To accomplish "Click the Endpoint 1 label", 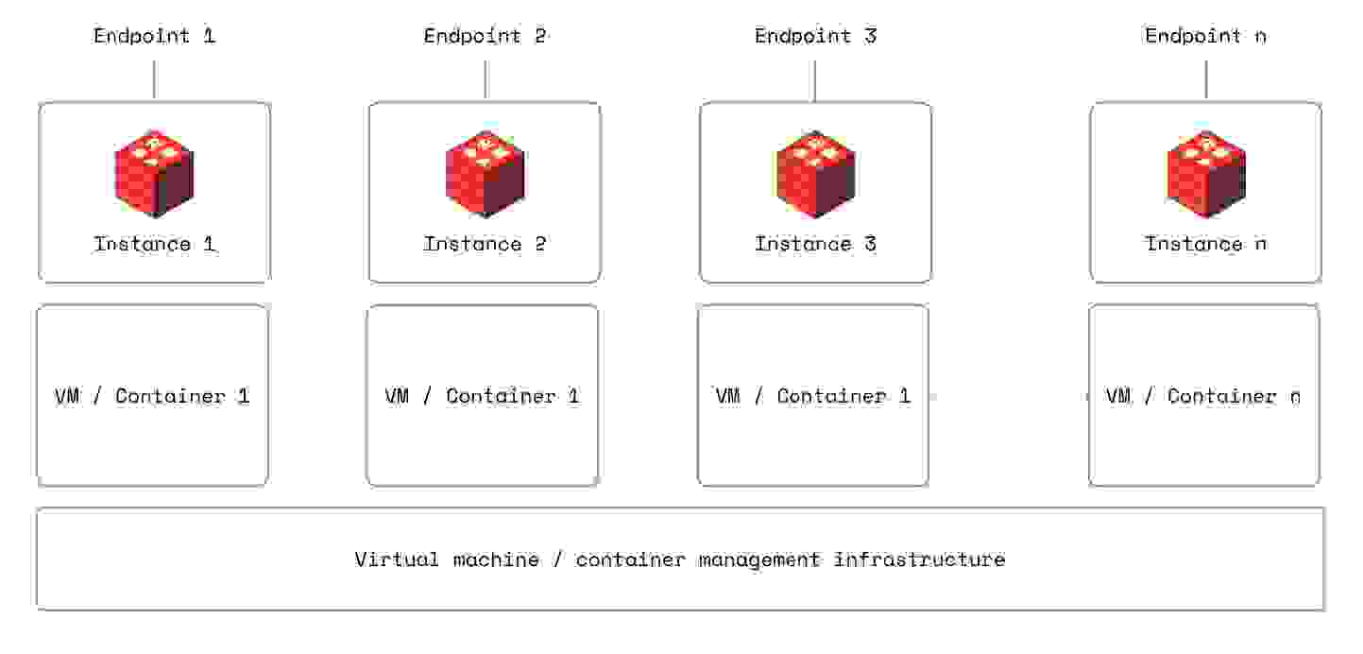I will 154,37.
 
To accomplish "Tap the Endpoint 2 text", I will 485,37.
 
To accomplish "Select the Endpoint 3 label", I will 815,37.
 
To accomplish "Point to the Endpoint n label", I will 1205,37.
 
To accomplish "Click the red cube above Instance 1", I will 154,172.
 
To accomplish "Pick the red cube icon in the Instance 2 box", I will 485,172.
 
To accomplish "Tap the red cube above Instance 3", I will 815,172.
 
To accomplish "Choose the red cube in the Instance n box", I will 1205,172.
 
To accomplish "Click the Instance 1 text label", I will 154,244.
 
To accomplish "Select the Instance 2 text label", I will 485,244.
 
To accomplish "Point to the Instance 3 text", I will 815,244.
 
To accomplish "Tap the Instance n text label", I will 1205,244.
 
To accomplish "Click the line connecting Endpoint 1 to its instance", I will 154,79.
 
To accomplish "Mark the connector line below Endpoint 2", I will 485,79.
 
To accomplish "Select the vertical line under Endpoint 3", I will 814,79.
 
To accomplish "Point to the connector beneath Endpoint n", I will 1205,79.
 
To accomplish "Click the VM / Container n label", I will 1202,396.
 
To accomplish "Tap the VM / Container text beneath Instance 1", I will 152,396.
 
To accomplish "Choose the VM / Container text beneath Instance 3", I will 812,396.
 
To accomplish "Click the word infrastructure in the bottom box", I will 919,559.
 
